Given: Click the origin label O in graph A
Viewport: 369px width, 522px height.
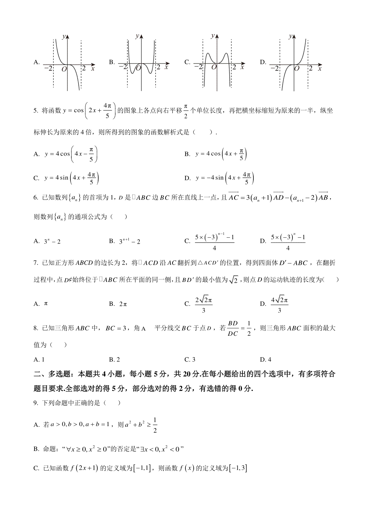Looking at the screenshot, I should (x=64, y=69).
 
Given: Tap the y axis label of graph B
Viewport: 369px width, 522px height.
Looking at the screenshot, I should (x=137, y=36).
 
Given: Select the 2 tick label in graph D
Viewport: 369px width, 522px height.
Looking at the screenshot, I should (x=311, y=68).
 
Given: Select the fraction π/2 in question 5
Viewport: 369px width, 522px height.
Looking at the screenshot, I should (x=186, y=111).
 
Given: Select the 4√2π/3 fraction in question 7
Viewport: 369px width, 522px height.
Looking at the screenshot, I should (x=279, y=304).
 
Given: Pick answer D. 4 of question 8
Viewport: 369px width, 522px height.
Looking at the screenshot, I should (x=266, y=360).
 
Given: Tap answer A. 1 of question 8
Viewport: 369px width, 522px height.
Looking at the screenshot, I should (x=39, y=360).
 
